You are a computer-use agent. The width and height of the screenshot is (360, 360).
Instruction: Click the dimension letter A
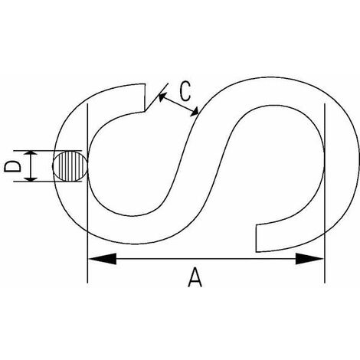pyautogui.click(x=195, y=277)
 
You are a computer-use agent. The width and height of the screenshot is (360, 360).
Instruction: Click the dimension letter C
pyautogui.click(x=185, y=91)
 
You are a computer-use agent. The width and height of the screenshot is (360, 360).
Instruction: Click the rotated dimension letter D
pyautogui.click(x=12, y=166)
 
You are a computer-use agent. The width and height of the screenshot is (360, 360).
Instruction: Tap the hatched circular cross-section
pyautogui.click(x=70, y=166)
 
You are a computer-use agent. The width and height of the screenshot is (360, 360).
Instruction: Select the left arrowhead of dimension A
pyautogui.click(x=102, y=259)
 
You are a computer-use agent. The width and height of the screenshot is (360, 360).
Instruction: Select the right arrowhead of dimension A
pyautogui.click(x=309, y=259)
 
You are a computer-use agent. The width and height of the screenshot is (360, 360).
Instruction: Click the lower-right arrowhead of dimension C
pyautogui.click(x=194, y=111)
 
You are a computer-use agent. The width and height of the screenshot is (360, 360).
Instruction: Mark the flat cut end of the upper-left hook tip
pyautogui.click(x=145, y=97)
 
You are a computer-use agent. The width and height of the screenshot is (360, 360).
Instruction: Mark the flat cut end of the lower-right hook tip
pyautogui.click(x=256, y=238)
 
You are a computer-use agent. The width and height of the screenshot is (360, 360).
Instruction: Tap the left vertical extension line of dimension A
pyautogui.click(x=87, y=193)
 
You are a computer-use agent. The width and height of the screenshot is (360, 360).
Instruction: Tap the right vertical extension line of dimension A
pyautogui.click(x=325, y=193)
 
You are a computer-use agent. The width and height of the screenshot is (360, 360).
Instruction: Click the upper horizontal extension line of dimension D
pyautogui.click(x=47, y=151)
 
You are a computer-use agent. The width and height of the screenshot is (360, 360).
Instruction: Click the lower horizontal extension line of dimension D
pyautogui.click(x=47, y=182)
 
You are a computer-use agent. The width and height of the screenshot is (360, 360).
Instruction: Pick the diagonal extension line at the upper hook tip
pyautogui.click(x=156, y=97)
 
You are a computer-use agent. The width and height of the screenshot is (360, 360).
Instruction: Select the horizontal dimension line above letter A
pyautogui.click(x=206, y=259)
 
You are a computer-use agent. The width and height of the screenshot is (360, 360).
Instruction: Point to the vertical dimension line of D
pyautogui.click(x=31, y=166)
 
